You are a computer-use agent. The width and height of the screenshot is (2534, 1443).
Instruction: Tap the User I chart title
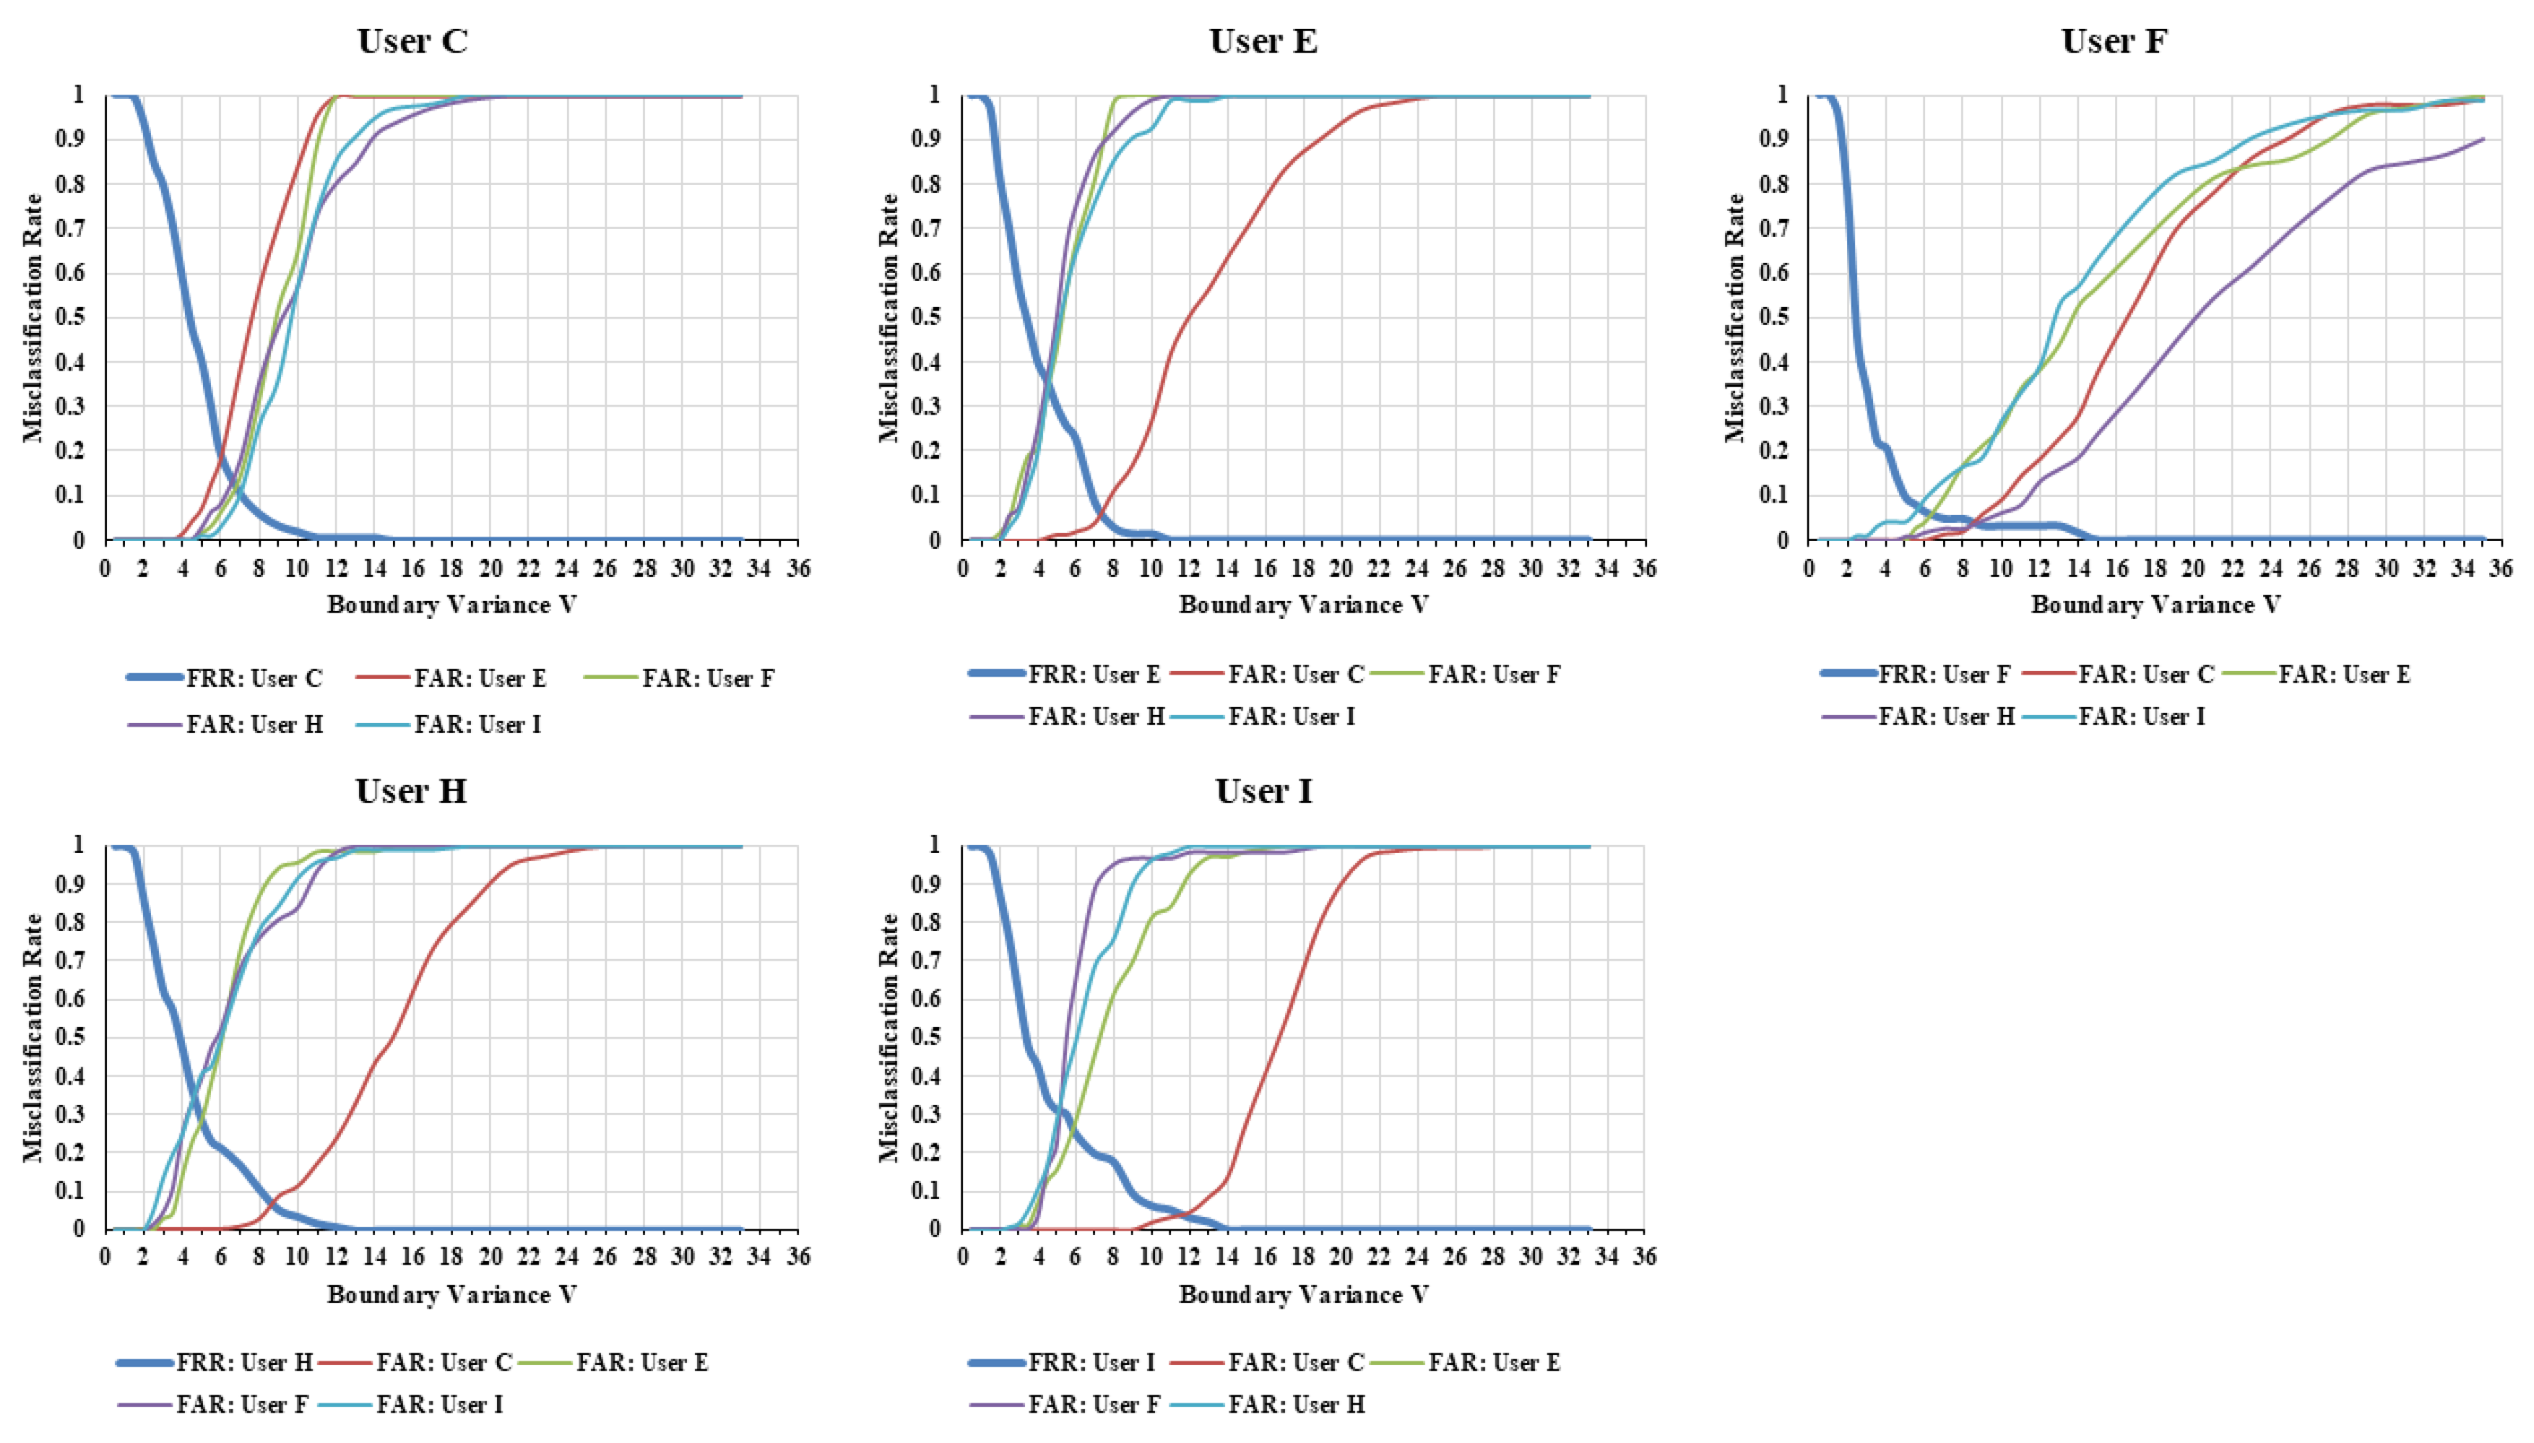1263,791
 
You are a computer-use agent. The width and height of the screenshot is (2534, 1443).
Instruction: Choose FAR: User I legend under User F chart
2142,716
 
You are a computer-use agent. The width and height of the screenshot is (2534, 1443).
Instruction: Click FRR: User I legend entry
1091,1363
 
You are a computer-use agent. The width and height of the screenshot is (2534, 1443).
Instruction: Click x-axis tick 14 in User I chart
1226,1257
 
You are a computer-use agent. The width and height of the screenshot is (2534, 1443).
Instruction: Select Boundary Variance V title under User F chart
2155,604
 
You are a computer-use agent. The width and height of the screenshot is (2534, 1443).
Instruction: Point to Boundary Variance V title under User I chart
1303,1294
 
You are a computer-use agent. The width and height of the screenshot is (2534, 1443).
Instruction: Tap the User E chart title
1263,42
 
